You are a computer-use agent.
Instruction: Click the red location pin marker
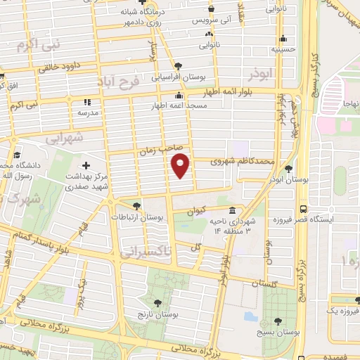coord(181,166)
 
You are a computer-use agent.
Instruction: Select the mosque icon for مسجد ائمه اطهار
coord(179,96)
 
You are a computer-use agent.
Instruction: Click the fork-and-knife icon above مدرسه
coord(88,102)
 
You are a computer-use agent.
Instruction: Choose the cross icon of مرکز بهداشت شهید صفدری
coord(86,164)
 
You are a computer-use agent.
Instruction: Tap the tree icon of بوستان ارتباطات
coord(136,206)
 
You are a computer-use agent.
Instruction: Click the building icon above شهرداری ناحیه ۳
coord(232,211)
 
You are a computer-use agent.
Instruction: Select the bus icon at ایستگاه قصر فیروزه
coord(303,209)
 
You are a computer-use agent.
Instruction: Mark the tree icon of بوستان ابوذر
coord(288,168)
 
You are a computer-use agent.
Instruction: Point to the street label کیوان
coord(197,210)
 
